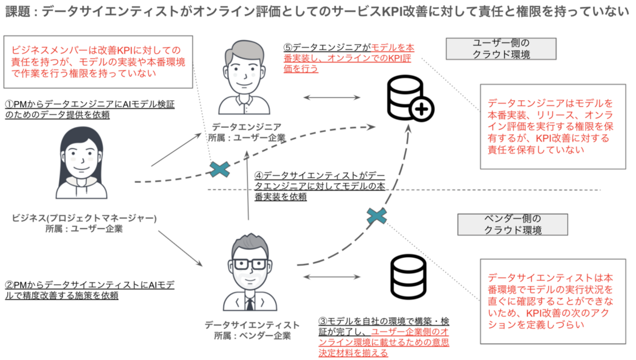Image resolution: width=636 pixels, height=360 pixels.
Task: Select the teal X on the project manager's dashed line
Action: [x=220, y=169]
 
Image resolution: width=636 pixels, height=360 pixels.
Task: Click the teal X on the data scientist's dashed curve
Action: [x=377, y=216]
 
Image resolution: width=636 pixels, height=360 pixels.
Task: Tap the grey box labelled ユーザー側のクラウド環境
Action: [x=501, y=48]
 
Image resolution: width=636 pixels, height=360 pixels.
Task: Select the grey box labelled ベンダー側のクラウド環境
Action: [x=513, y=225]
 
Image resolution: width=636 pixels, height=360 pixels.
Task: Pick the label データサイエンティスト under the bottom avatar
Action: [x=252, y=325]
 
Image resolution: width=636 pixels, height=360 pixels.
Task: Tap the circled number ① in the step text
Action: [x=9, y=104]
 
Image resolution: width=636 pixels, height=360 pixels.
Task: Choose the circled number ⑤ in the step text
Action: [x=288, y=48]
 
